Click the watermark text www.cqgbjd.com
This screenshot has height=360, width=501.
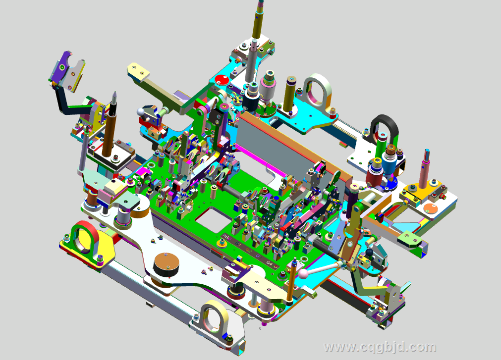point(380,347)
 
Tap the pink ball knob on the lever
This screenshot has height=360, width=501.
point(303,273)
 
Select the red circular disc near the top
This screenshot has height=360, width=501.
point(221,79)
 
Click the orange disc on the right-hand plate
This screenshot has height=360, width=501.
point(430,208)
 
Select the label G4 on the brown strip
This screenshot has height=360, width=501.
point(270,263)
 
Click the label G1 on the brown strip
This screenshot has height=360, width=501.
point(238,244)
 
